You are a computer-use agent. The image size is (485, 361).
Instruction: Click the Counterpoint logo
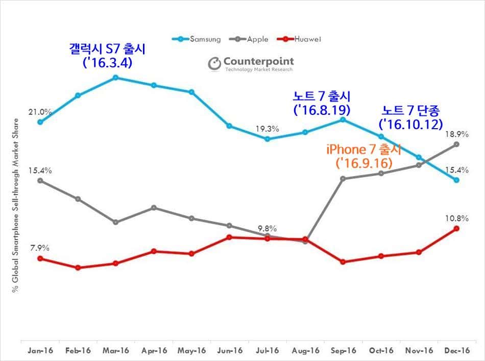[x=251, y=64]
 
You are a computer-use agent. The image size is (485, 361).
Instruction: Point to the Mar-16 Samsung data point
[x=115, y=78]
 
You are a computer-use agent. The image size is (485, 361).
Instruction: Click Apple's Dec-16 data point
[x=456, y=144]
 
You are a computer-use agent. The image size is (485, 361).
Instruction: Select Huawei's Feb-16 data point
[x=78, y=268]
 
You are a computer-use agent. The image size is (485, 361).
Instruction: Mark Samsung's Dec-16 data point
[x=456, y=180]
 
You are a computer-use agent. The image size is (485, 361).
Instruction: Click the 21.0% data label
[x=40, y=112]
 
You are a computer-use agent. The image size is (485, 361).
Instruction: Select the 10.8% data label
[x=456, y=218]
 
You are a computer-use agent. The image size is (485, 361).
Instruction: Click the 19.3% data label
[x=267, y=129]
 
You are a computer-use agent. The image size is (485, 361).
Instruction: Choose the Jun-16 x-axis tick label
[x=230, y=351]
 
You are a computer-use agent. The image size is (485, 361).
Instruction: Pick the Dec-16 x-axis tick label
[x=456, y=351]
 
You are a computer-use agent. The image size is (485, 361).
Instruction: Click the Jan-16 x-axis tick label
[x=40, y=351]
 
